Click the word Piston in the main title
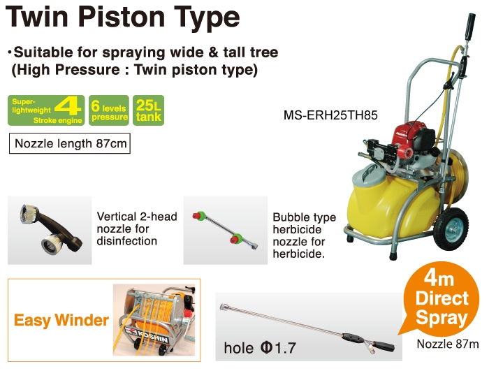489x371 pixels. (x=122, y=17)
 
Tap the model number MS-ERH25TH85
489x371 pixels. (x=330, y=115)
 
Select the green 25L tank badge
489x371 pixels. (x=148, y=110)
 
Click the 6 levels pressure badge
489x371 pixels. (x=109, y=110)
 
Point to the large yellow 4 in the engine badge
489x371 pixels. (x=68, y=107)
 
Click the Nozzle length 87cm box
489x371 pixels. (x=70, y=143)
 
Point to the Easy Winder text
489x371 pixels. (x=61, y=321)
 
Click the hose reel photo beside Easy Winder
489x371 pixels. (x=154, y=320)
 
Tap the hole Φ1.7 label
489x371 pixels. (x=260, y=348)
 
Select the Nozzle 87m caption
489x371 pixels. (x=448, y=344)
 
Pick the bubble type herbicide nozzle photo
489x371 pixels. (x=225, y=231)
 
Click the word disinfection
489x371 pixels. (x=127, y=241)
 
